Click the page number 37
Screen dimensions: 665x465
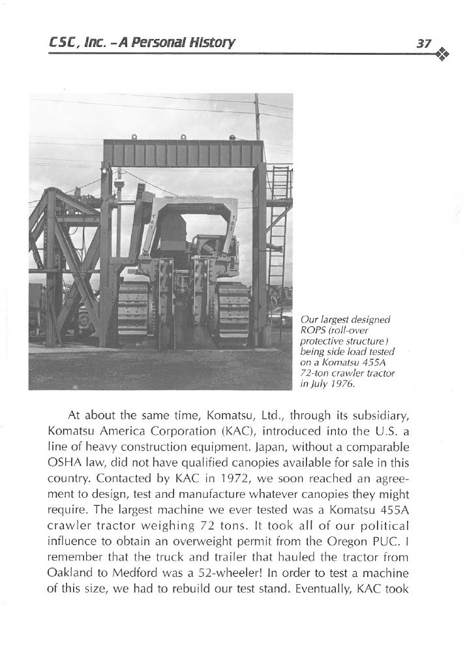point(425,43)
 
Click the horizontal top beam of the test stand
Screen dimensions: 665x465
point(183,152)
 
